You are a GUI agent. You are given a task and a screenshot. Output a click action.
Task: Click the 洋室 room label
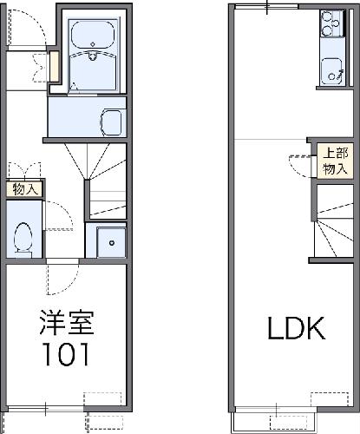coord(67,323)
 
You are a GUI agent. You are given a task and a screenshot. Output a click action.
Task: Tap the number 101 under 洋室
coord(66,354)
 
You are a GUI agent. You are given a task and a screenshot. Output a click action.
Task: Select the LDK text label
coord(297,328)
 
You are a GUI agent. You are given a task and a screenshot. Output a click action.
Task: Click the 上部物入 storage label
coord(336,161)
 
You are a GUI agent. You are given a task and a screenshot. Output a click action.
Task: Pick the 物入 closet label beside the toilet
coord(25,189)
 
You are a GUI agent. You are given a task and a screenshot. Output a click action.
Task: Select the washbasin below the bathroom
coord(111,122)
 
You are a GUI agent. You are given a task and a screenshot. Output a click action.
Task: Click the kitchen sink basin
coord(331,70)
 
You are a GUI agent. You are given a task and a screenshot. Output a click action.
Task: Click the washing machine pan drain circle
coord(112,243)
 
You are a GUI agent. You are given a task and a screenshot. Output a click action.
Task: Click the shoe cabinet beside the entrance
coord(54,66)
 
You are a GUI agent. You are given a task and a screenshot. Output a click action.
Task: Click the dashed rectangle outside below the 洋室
coord(104,424)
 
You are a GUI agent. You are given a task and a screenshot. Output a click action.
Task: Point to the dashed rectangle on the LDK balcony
coord(289,423)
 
